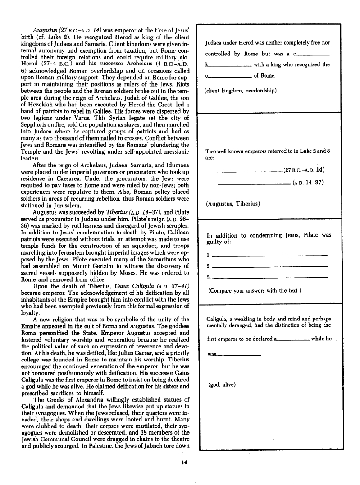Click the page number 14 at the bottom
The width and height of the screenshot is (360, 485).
tap(184, 462)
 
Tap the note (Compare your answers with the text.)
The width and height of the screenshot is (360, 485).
tap(255, 291)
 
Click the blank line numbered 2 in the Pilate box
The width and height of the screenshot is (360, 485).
tap(269, 267)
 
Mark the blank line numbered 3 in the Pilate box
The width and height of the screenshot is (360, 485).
tap(269, 278)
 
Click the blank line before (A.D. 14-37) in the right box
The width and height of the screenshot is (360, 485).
tap(254, 183)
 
